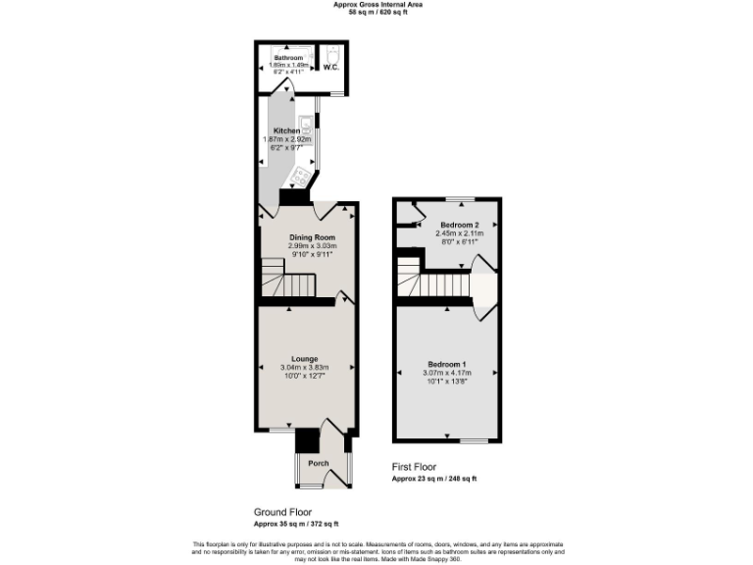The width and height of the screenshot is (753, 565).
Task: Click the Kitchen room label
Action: tap(286, 131)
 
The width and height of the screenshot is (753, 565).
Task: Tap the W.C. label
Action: tap(331, 68)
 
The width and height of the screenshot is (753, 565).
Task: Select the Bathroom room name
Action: tap(288, 59)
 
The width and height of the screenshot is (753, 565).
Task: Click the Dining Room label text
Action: tap(312, 237)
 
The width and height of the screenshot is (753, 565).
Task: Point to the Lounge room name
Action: tap(305, 359)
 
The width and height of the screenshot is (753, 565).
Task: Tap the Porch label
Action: tap(319, 463)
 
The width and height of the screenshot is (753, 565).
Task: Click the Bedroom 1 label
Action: tap(447, 364)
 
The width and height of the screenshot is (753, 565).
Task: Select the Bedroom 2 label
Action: tap(459, 225)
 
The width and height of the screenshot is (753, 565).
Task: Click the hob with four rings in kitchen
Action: tap(302, 177)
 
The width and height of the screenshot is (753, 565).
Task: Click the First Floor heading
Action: tap(414, 467)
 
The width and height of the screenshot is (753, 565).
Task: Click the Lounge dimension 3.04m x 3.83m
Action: tap(305, 368)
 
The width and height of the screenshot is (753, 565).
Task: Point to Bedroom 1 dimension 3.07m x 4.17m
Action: tap(447, 373)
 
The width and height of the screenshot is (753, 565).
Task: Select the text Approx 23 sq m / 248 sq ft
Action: tap(434, 479)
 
